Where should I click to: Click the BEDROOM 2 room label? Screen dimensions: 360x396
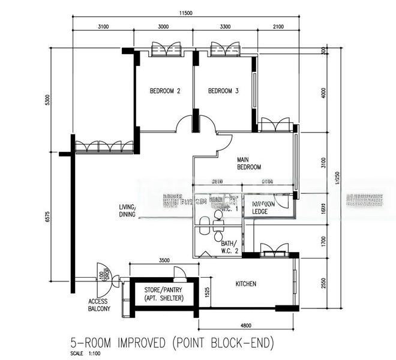pyautogui.click(x=165, y=91)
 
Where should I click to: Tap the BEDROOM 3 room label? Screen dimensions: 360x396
pyautogui.click(x=223, y=91)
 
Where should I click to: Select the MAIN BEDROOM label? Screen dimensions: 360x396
pyautogui.click(x=248, y=163)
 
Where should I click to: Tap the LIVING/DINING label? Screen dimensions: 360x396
pyautogui.click(x=127, y=211)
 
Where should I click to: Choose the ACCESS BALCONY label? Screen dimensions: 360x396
pyautogui.click(x=99, y=305)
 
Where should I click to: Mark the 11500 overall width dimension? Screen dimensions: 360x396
pyautogui.click(x=201, y=13)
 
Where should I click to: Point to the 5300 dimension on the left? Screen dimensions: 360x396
pyautogui.click(x=47, y=100)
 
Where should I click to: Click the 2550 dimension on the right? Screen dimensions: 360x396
pyautogui.click(x=323, y=283)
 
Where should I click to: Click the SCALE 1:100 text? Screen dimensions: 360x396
pyautogui.click(x=86, y=353)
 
